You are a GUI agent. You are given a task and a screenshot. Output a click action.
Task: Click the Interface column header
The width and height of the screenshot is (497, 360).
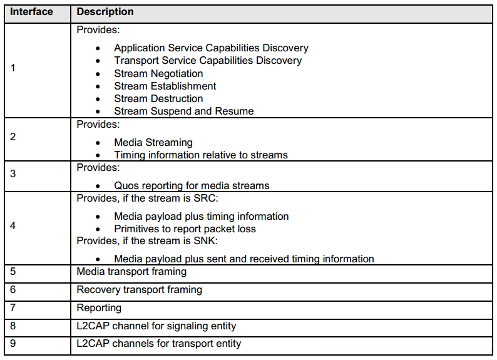coord(31,12)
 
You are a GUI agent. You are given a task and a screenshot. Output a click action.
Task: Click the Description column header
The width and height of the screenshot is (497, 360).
coord(105,12)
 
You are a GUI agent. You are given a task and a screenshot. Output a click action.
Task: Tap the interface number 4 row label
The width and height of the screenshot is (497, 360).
coord(14,225)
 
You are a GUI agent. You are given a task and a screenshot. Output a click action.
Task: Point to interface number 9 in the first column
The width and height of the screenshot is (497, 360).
coord(14,343)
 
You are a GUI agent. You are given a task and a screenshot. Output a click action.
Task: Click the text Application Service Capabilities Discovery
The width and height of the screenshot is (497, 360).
coord(211,48)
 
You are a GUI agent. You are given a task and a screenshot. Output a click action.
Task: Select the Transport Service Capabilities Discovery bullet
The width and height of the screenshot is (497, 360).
coord(208,61)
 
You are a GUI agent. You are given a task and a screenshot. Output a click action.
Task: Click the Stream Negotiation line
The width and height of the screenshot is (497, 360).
coord(158,73)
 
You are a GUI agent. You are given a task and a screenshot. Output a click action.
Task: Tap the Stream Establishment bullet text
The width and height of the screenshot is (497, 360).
coord(165,86)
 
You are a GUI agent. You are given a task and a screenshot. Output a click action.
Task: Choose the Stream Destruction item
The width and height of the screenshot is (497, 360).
coord(158,98)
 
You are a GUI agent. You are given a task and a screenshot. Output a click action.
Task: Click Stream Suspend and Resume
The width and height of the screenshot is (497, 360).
coord(184,111)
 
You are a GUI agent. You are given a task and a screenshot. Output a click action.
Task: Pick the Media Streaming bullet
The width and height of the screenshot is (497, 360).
coord(153,143)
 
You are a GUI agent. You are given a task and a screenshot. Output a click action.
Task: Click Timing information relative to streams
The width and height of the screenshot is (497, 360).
coord(200,155)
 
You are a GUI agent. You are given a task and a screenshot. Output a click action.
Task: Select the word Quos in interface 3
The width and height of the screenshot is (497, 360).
coord(125,186)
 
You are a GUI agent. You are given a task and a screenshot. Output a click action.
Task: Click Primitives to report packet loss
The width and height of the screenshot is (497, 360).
coord(185,229)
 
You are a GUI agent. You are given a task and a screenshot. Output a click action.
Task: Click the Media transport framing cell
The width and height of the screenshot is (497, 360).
coord(131,272)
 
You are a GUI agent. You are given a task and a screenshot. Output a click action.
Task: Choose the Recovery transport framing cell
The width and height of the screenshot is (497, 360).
coord(139,290)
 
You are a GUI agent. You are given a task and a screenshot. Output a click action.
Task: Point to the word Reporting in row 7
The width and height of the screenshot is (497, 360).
coord(99,308)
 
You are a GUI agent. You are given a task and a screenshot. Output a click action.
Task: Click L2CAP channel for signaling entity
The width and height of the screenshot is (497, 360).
coord(156,326)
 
